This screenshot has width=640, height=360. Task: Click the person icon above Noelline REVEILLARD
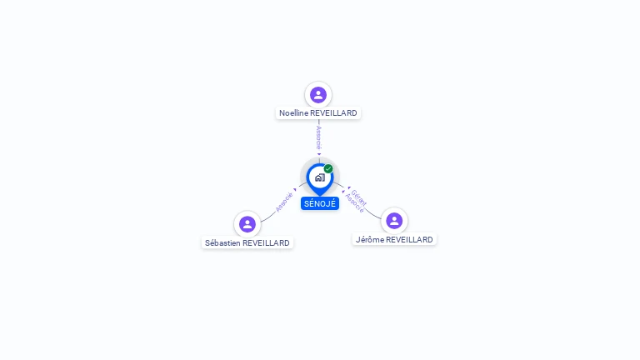tap(317, 94)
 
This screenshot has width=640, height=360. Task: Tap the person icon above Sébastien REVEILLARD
tap(247, 224)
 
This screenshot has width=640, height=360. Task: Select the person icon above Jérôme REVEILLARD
tap(394, 221)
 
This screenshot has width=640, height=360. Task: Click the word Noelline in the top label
tap(293, 113)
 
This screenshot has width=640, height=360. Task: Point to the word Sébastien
tap(223, 243)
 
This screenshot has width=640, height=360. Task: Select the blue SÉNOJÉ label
tap(320, 203)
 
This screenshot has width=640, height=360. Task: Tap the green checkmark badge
tap(328, 169)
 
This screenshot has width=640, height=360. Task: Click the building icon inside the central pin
tap(319, 177)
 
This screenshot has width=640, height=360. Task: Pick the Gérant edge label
tap(359, 197)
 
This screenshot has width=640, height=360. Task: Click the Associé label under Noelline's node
tap(318, 137)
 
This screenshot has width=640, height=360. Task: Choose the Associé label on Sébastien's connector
tap(284, 202)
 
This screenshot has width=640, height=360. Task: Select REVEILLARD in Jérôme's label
tap(410, 240)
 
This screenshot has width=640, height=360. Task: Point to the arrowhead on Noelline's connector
tap(318, 154)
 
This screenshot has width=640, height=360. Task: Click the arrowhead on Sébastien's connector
tap(295, 189)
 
